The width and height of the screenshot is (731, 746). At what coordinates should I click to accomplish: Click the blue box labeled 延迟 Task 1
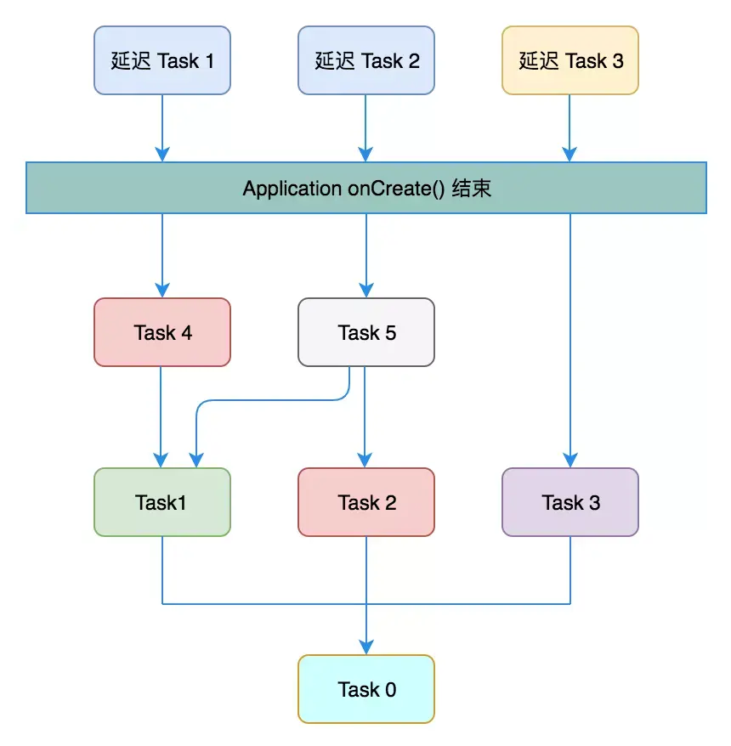coord(161,60)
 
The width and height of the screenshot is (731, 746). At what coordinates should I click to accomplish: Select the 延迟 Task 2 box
coord(365,60)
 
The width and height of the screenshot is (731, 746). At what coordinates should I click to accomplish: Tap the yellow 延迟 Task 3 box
coord(569,60)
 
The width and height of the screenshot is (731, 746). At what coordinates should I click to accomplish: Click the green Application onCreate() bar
coord(365,188)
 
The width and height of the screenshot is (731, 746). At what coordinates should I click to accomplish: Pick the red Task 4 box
coord(161,332)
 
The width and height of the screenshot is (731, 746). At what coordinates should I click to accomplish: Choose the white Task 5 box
coord(365,332)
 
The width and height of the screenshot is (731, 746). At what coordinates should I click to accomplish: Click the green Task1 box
coord(161,502)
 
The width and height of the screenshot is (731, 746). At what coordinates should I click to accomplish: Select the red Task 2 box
coord(365,502)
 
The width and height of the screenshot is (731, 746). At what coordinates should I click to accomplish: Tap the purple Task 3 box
coord(569,502)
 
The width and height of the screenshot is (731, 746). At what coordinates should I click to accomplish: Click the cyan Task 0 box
coord(365,689)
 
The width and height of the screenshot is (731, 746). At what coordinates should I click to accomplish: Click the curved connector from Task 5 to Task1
coord(272,400)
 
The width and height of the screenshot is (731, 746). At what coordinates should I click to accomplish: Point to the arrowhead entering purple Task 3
coord(569,459)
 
